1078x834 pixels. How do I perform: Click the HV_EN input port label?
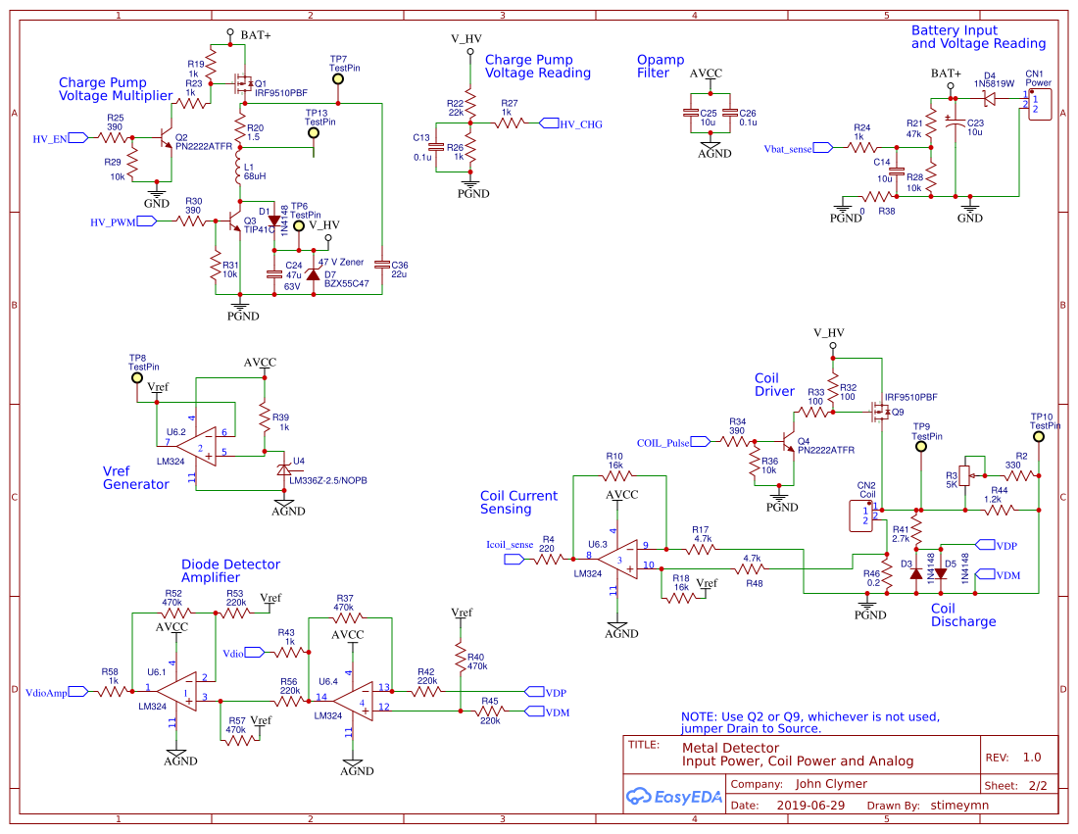[x=51, y=139]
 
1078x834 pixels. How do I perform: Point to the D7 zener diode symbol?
[x=314, y=274]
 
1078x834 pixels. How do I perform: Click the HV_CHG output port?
[x=578, y=123]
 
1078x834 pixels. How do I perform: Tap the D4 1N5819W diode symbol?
[x=990, y=98]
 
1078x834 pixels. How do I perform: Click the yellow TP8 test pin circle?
[x=137, y=378]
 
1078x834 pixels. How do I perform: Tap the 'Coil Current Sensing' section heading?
[x=518, y=502]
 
